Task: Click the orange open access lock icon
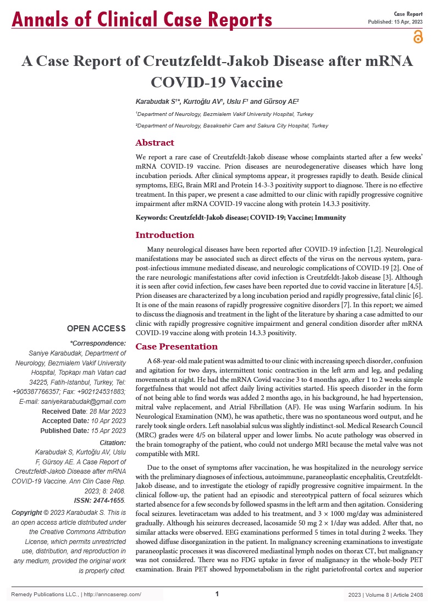click(x=417, y=37)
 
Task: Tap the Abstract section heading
click(x=155, y=143)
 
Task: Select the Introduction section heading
click(x=165, y=235)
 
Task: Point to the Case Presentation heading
click(x=176, y=347)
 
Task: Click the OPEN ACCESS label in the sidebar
click(x=96, y=329)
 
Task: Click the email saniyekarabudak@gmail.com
click(x=80, y=402)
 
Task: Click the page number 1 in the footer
click(x=217, y=594)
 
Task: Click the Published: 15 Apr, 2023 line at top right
click(x=395, y=21)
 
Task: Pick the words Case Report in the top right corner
click(x=408, y=13)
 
